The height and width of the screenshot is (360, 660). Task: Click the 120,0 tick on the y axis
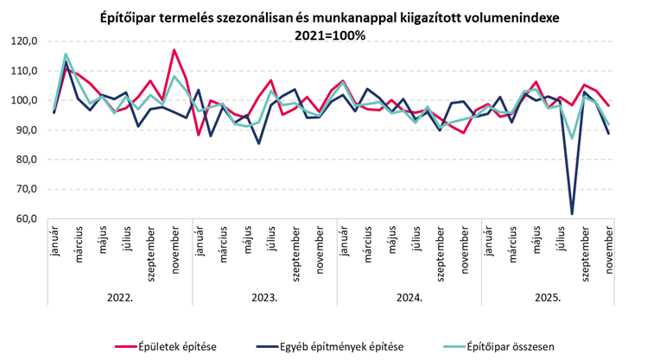point(24,41)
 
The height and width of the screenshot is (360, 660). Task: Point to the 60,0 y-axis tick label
point(26,219)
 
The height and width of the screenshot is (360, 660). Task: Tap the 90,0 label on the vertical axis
point(26,130)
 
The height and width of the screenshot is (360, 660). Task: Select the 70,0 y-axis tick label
point(26,190)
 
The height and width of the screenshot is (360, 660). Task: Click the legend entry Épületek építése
point(176,346)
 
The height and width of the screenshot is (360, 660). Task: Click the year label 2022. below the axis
point(120,297)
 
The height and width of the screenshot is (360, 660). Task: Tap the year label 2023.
point(263,297)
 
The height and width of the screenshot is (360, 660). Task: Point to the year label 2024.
point(409,297)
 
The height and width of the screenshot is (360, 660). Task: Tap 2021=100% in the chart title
point(329,35)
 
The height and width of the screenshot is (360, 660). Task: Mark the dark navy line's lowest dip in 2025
point(572,213)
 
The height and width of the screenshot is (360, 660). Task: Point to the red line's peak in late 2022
point(174,50)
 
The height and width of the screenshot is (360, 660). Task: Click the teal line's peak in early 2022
point(66,54)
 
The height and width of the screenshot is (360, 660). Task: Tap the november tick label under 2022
point(175,249)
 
